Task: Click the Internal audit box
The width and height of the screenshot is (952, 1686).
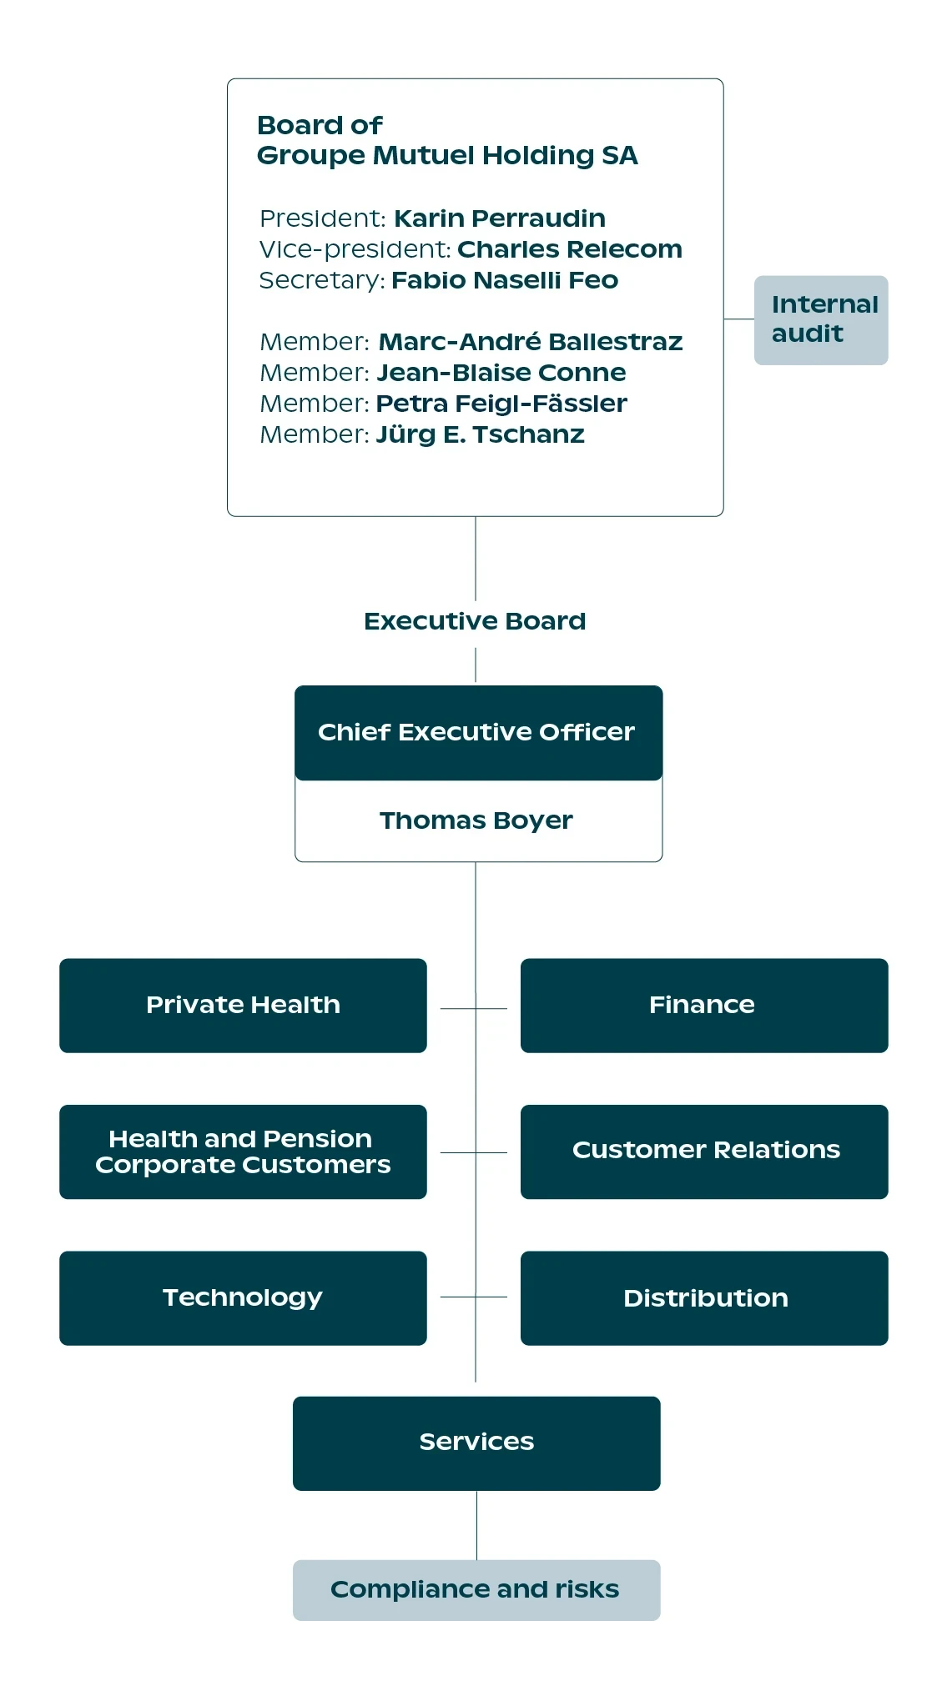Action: click(x=821, y=320)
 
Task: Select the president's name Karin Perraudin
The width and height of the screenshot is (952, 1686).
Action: click(x=500, y=218)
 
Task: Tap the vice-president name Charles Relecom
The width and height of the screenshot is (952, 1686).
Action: click(x=570, y=249)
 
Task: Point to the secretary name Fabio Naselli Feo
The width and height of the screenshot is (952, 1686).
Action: click(x=505, y=280)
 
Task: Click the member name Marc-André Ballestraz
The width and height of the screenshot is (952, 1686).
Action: click(x=531, y=342)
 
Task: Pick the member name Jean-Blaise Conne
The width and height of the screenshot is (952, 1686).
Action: click(x=501, y=373)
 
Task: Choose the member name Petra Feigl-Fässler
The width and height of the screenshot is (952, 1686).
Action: click(x=501, y=404)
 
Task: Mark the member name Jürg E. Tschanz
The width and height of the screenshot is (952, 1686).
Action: click(x=481, y=434)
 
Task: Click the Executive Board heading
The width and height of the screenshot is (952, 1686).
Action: click(x=475, y=621)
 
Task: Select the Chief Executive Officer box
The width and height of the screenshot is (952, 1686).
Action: click(x=479, y=733)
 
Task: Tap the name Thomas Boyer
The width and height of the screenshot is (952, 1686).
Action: click(x=476, y=820)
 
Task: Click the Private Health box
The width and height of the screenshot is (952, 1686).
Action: click(x=243, y=1006)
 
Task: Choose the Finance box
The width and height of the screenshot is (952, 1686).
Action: click(x=704, y=1006)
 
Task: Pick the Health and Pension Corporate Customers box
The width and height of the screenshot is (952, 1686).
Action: click(x=243, y=1152)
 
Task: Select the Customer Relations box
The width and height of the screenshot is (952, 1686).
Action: click(x=704, y=1152)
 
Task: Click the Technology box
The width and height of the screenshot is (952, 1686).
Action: click(x=243, y=1298)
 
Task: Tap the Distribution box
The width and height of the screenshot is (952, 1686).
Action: click(x=704, y=1298)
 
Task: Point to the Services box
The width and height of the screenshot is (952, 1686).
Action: click(x=476, y=1443)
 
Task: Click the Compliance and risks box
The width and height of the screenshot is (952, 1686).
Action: click(x=476, y=1590)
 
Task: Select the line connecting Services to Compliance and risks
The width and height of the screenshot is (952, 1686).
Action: click(x=477, y=1525)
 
